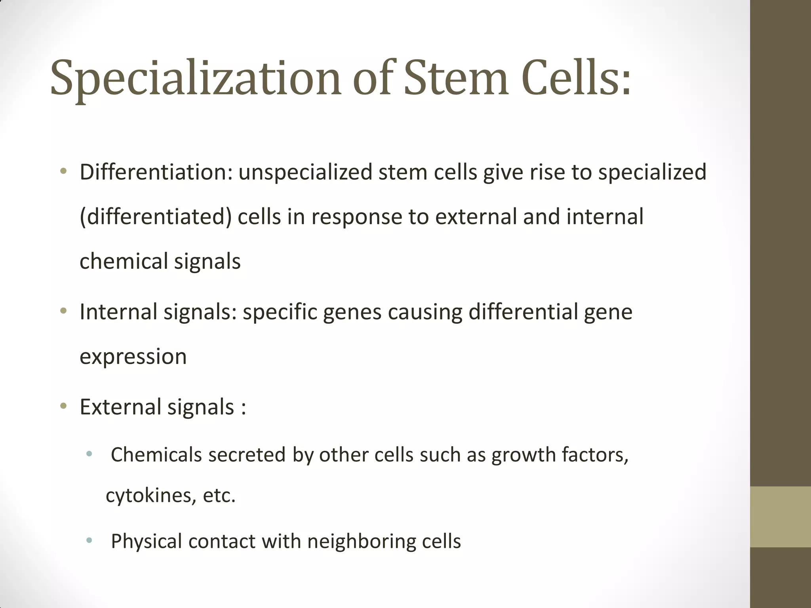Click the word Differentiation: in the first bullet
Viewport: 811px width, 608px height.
[156, 172]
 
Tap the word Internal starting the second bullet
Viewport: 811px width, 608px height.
[119, 312]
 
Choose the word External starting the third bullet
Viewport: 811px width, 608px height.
[120, 407]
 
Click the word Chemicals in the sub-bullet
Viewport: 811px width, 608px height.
[156, 454]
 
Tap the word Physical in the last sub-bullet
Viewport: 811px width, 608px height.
[146, 541]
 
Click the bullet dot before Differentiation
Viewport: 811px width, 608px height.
[63, 172]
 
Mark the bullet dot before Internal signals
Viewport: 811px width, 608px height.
[63, 311]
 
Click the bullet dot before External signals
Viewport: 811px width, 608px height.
[63, 406]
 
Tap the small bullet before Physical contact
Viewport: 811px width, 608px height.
[89, 540]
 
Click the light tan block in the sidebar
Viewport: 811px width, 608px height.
[781, 517]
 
